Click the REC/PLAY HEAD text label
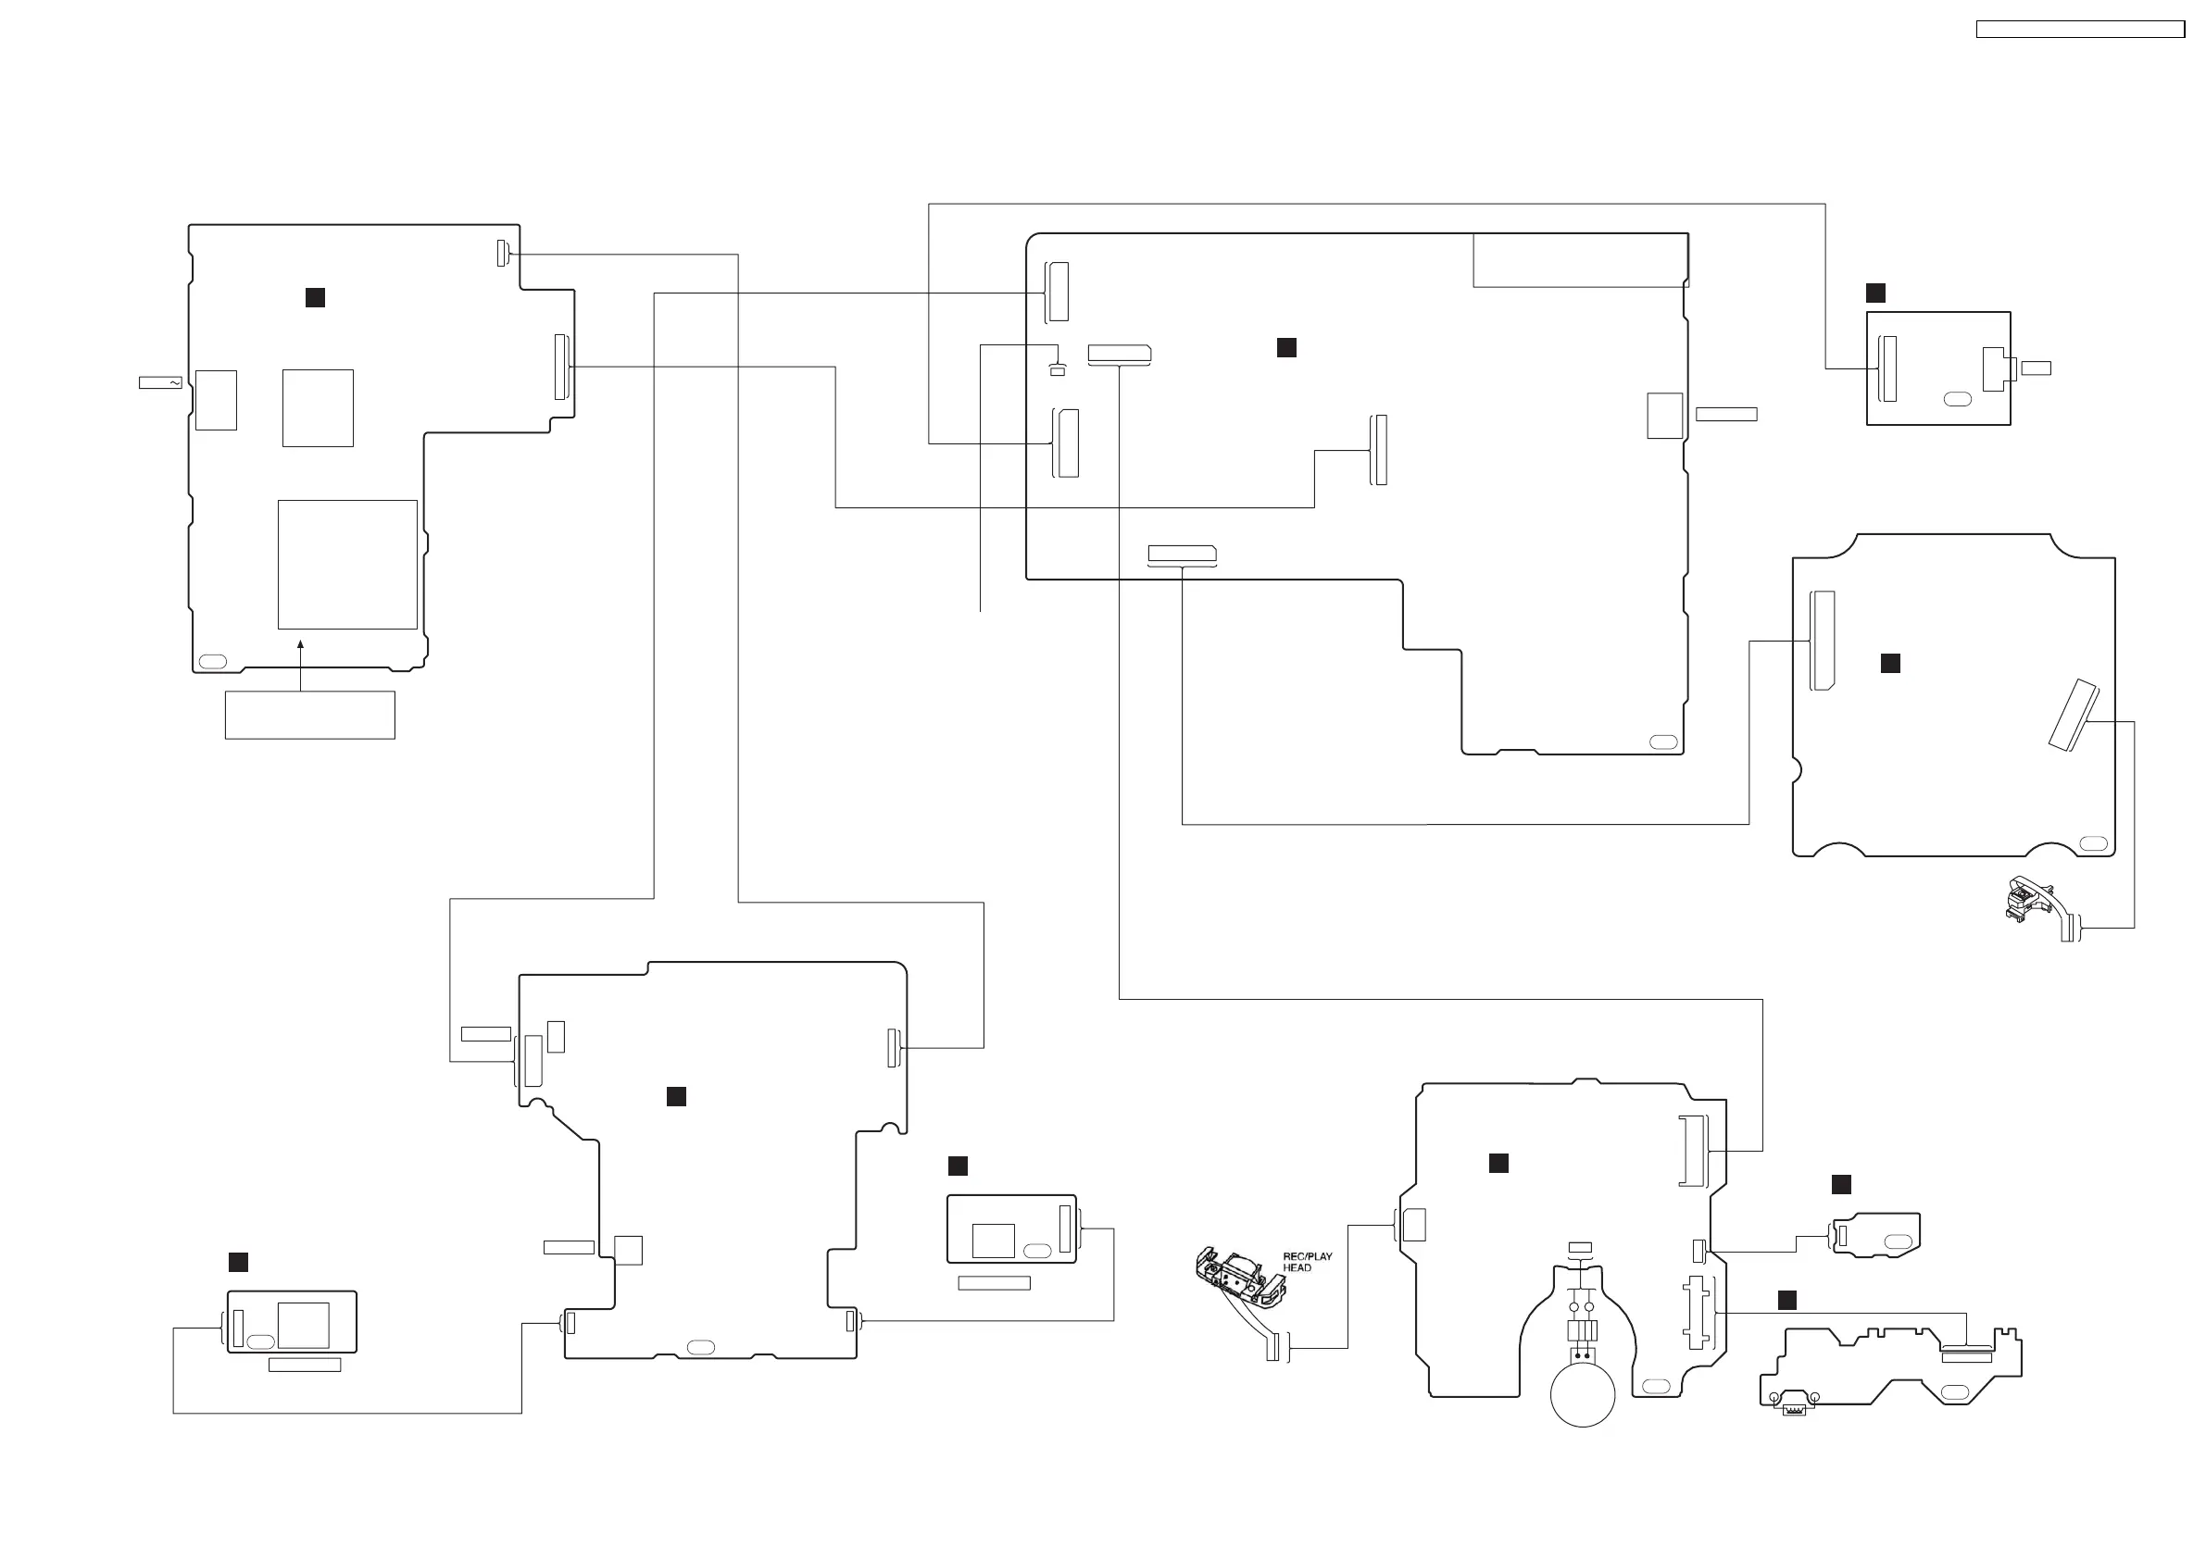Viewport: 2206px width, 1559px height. click(x=1308, y=1261)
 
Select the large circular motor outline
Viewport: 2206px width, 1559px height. click(x=1583, y=1394)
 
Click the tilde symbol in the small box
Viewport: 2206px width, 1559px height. click(x=174, y=382)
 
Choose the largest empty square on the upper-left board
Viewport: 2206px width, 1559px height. click(x=347, y=564)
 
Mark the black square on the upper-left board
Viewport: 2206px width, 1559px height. click(x=314, y=298)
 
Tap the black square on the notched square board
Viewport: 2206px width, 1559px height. click(x=1890, y=663)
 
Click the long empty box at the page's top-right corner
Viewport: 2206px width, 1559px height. click(x=2080, y=30)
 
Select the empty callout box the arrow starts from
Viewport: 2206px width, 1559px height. click(x=309, y=715)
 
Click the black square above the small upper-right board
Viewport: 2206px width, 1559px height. click(x=1874, y=293)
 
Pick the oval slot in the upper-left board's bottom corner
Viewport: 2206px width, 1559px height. click(x=212, y=661)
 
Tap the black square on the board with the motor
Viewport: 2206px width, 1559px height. click(x=1498, y=1164)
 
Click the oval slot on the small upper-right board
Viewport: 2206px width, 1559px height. click(x=1957, y=399)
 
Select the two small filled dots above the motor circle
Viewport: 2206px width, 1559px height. click(x=1582, y=1355)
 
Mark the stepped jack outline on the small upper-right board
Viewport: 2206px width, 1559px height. click(x=1995, y=368)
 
